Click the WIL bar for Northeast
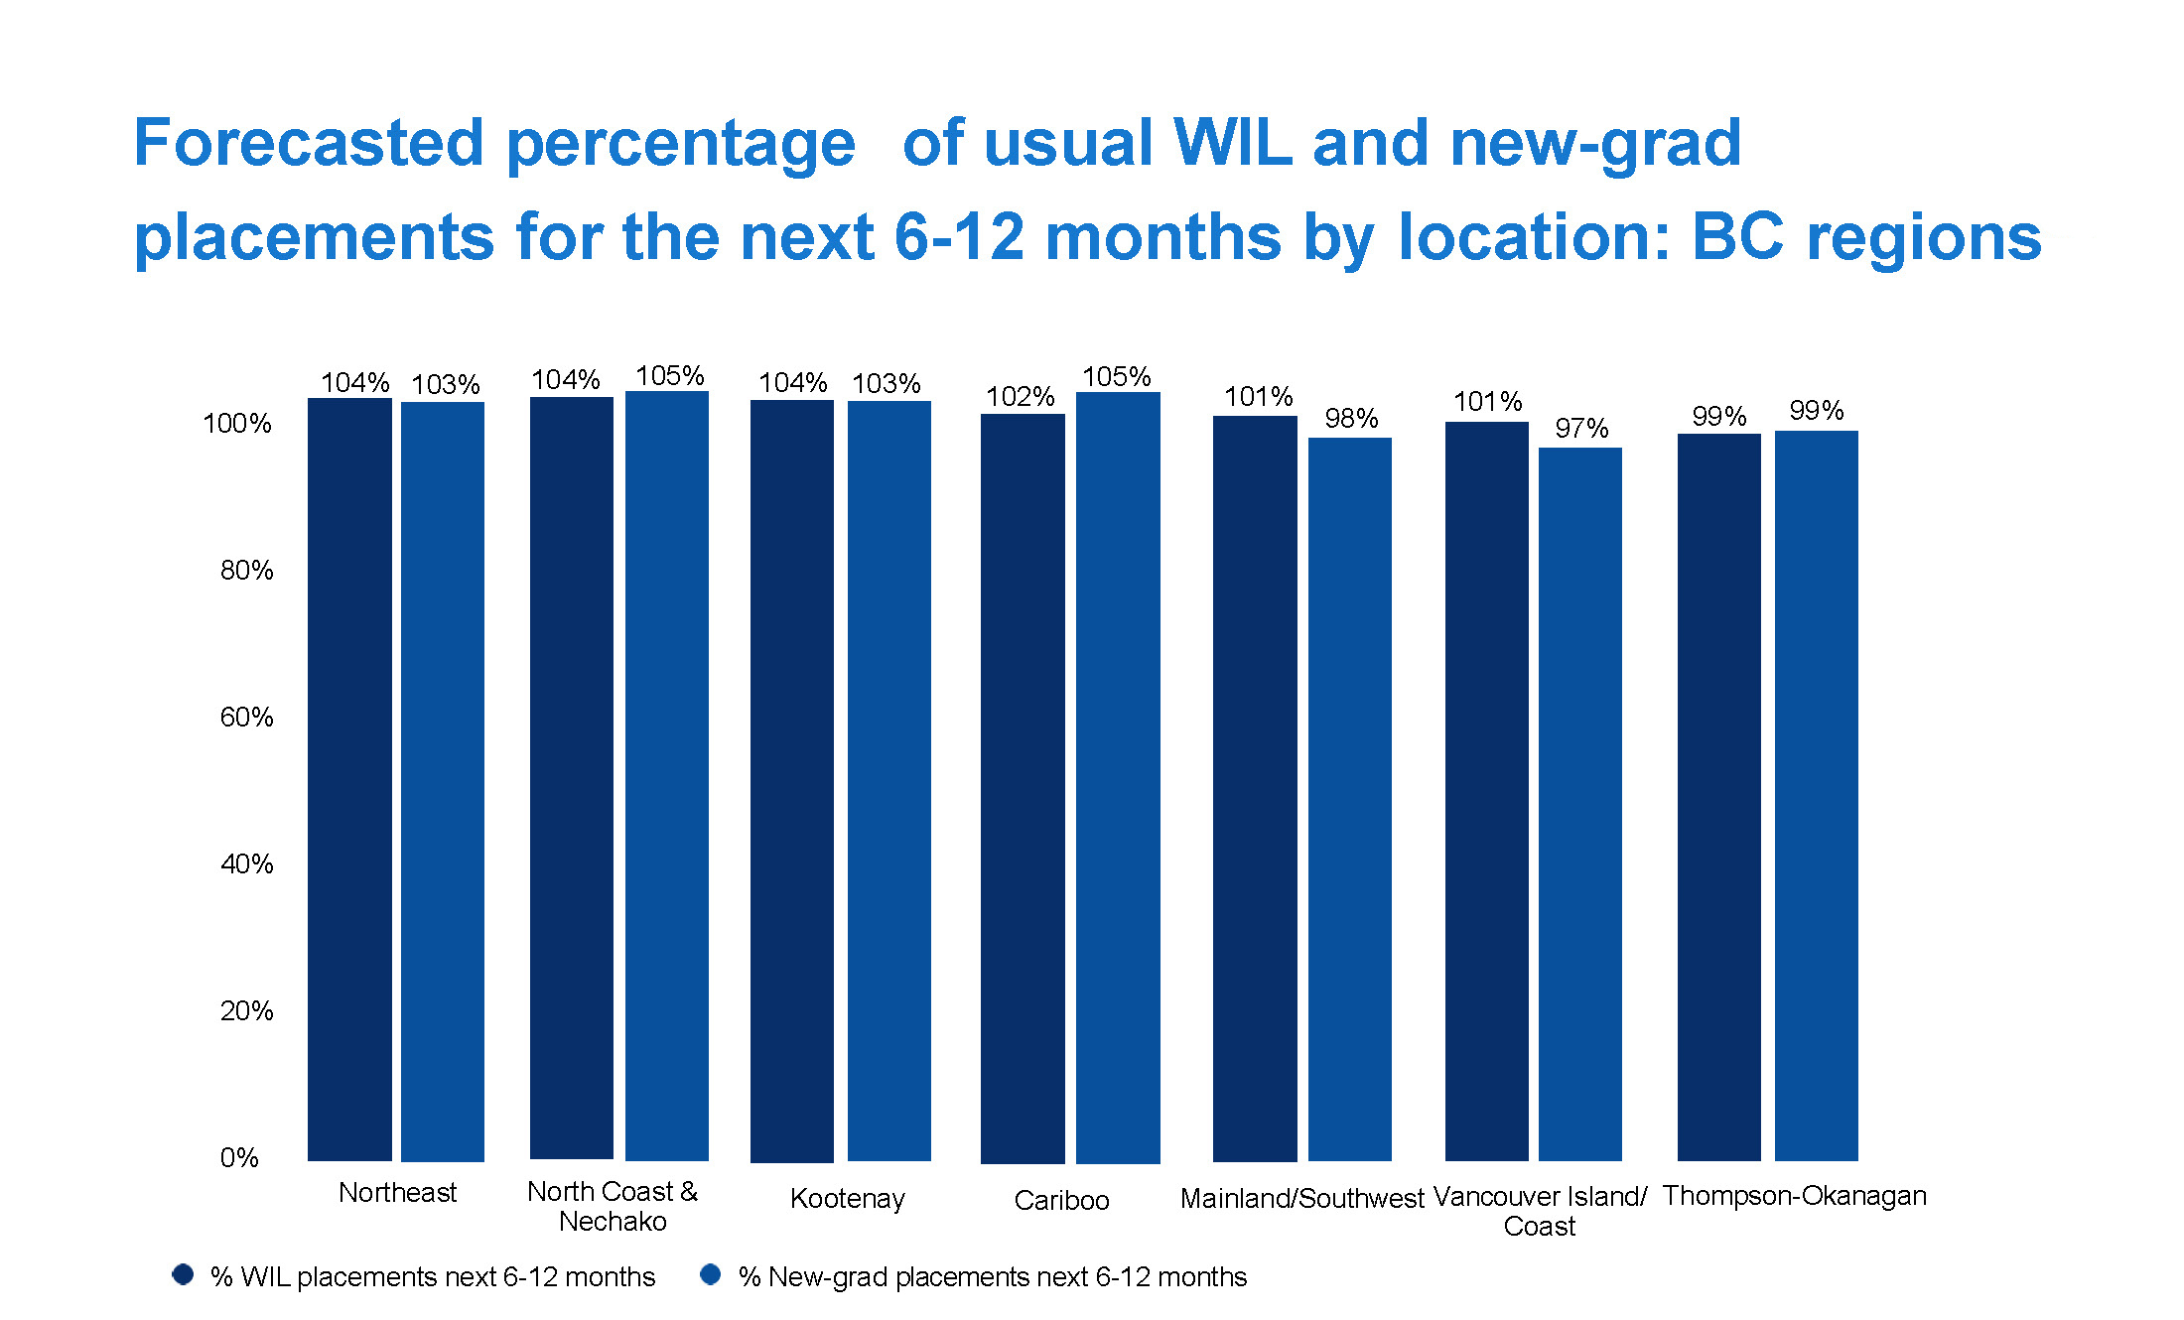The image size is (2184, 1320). click(349, 779)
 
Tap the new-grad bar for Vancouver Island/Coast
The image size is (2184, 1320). click(1580, 804)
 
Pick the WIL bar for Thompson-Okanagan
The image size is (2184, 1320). click(1719, 797)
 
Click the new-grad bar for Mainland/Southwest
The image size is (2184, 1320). click(1350, 799)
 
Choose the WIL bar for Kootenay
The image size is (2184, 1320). click(792, 781)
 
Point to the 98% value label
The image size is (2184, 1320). click(1351, 419)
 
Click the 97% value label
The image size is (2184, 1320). click(1581, 429)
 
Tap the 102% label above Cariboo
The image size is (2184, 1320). click(1020, 397)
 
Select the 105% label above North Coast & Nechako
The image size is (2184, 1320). click(670, 376)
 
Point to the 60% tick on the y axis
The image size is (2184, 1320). click(246, 717)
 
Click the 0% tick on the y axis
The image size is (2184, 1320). click(239, 1157)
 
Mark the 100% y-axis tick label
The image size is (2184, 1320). click(237, 424)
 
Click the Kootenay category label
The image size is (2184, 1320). click(848, 1199)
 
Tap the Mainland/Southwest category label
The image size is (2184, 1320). click(1301, 1199)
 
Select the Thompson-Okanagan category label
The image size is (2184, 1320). click(1794, 1196)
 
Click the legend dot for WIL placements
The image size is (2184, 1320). click(183, 1274)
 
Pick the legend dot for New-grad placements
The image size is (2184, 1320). click(711, 1274)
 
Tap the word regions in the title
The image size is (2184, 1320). click(1924, 238)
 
